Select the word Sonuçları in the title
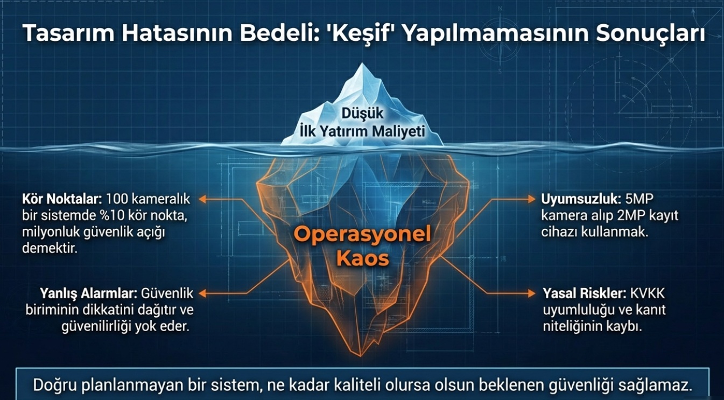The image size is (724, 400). coord(649,33)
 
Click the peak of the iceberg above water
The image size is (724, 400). coord(362,64)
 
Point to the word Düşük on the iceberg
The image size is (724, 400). coord(362,113)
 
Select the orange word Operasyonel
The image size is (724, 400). coord(362,234)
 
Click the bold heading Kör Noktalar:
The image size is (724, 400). coord(62,199)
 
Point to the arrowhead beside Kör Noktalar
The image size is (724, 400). coord(202,199)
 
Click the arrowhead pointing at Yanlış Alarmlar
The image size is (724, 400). coord(202,293)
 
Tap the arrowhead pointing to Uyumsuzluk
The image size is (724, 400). coord(532,199)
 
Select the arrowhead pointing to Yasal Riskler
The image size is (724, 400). coord(532,293)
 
